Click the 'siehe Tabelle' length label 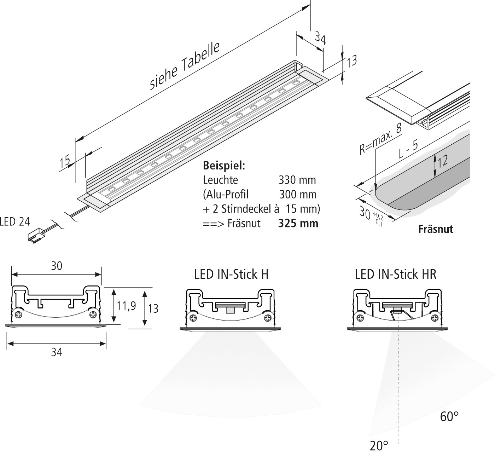[x=185, y=66]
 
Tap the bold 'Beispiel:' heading [x=224, y=166]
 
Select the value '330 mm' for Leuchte [x=297, y=180]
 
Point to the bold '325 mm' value [x=298, y=224]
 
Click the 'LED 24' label [x=15, y=222]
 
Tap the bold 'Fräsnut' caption [x=435, y=229]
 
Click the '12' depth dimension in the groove [x=443, y=161]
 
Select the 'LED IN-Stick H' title [x=231, y=274]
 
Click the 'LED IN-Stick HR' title [x=396, y=274]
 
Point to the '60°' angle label [x=449, y=417]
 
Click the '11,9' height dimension [x=127, y=306]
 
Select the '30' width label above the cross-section [x=57, y=266]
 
